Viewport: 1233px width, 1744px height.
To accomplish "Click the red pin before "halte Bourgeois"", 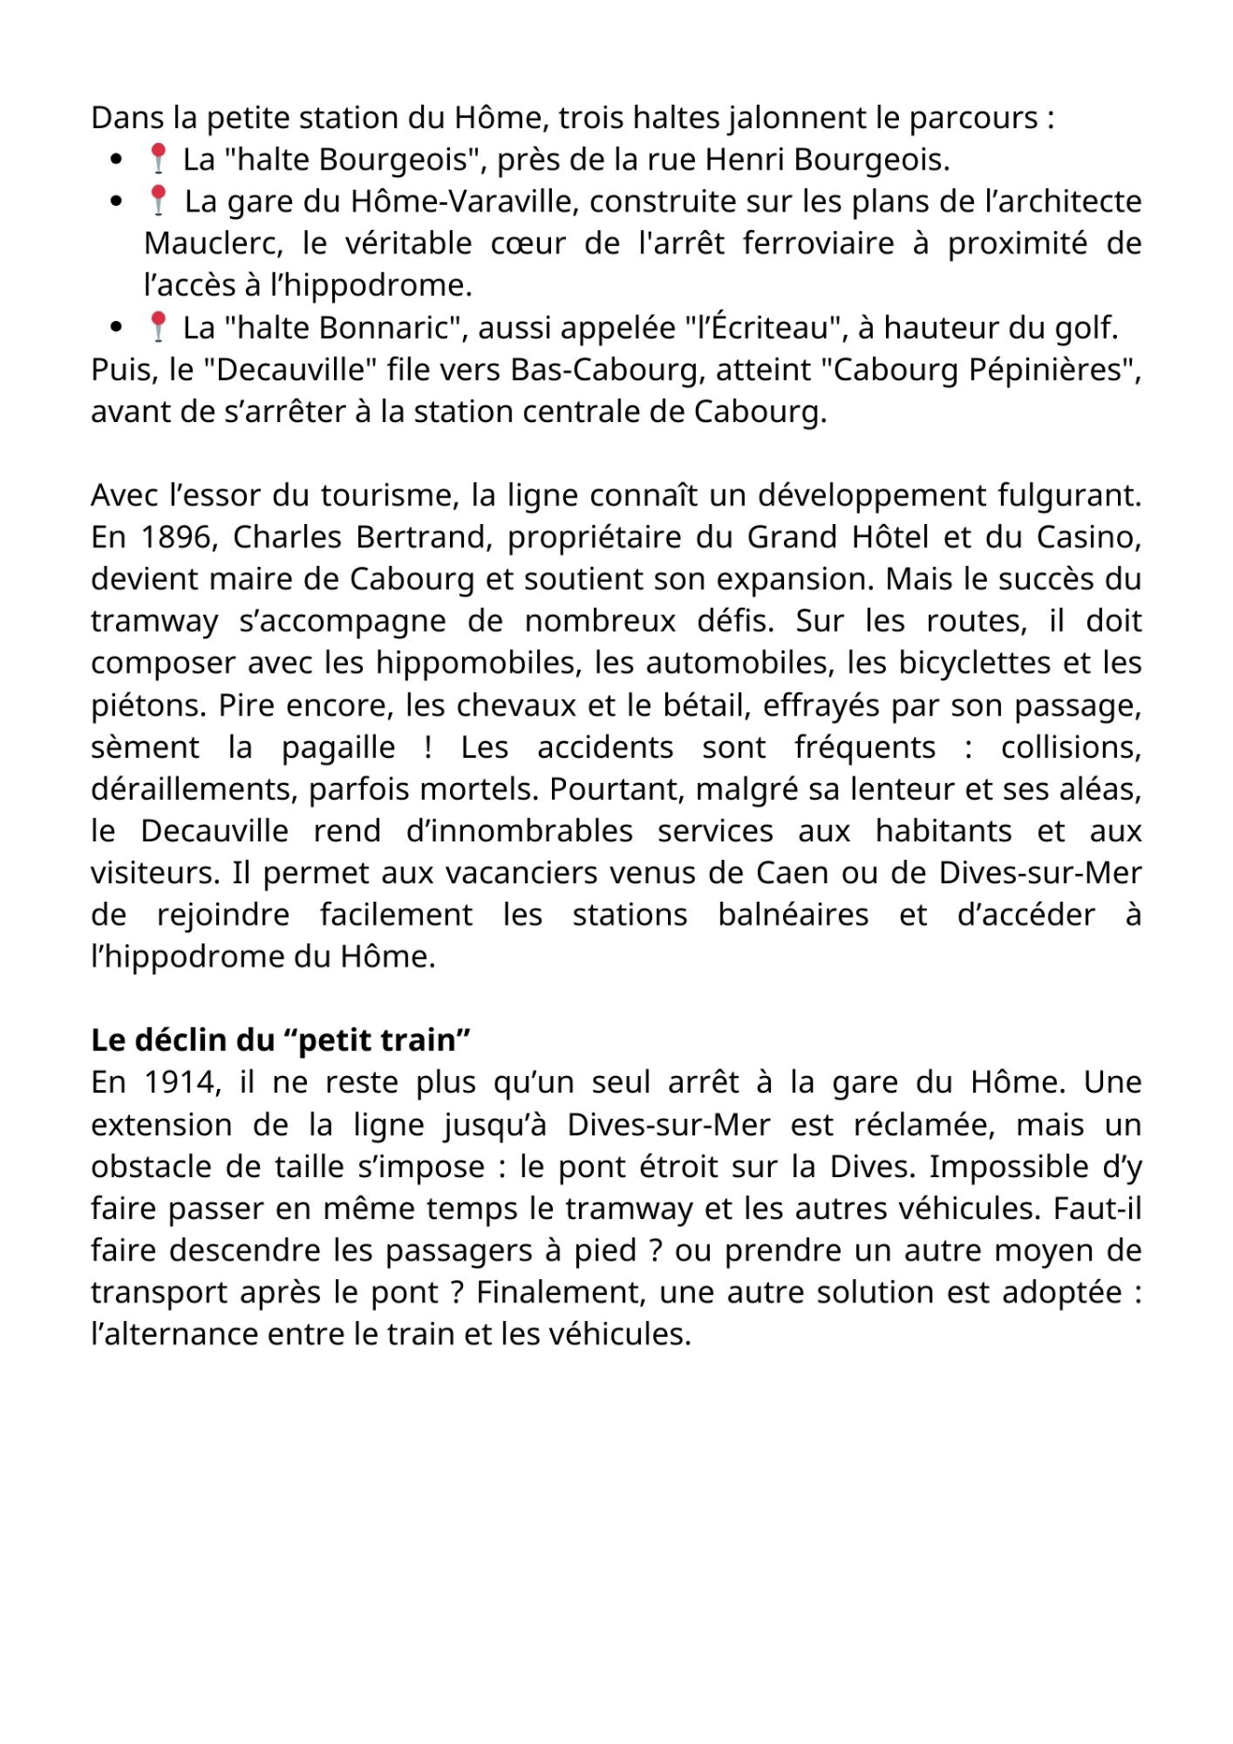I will [x=159, y=159].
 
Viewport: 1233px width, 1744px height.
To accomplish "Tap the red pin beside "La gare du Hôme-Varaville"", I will [x=159, y=200].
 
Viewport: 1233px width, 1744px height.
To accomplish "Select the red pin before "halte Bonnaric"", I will [x=159, y=327].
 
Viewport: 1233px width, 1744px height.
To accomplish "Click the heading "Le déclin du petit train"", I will [x=280, y=1040].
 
